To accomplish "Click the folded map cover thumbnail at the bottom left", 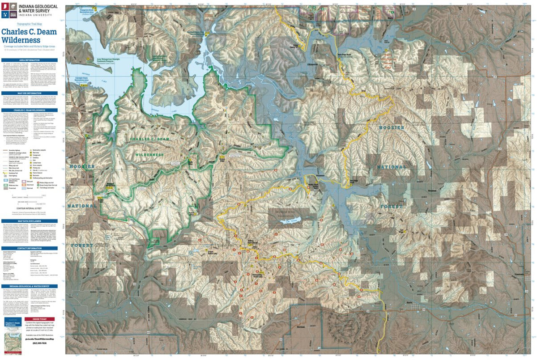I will click(13, 336).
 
